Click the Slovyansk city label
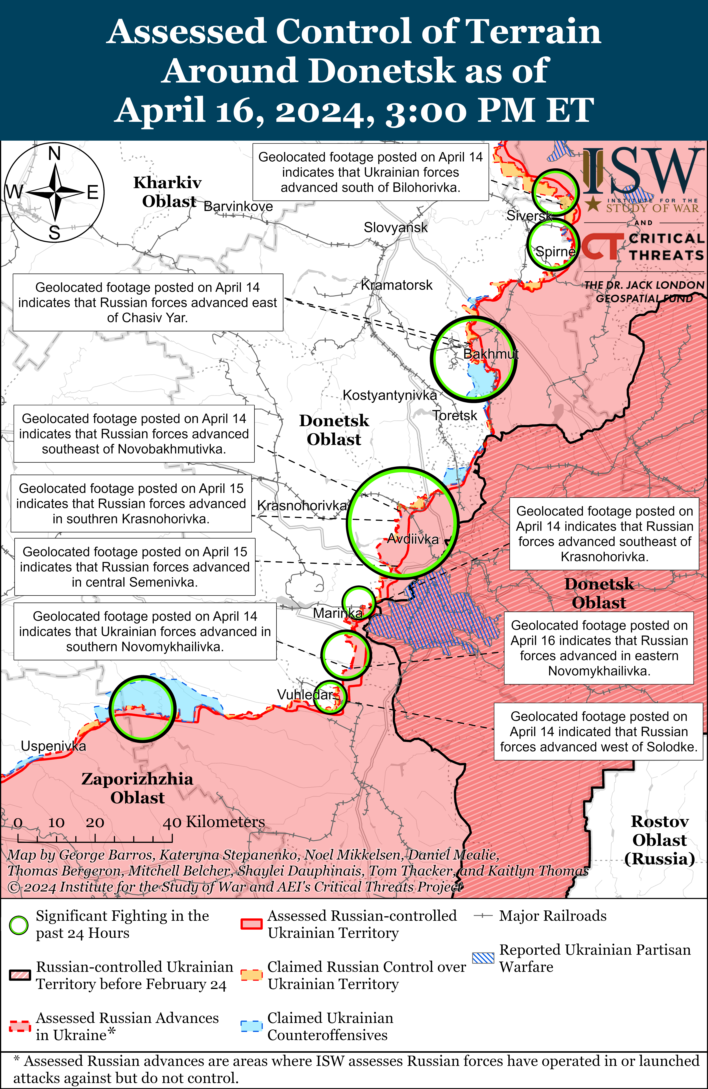point(395,227)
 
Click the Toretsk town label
point(455,416)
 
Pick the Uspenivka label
point(53,746)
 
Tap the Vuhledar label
point(305,695)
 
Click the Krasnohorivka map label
point(302,506)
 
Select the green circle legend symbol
point(19,925)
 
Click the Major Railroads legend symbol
point(483,916)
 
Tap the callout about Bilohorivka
point(370,172)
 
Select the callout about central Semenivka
point(135,567)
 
